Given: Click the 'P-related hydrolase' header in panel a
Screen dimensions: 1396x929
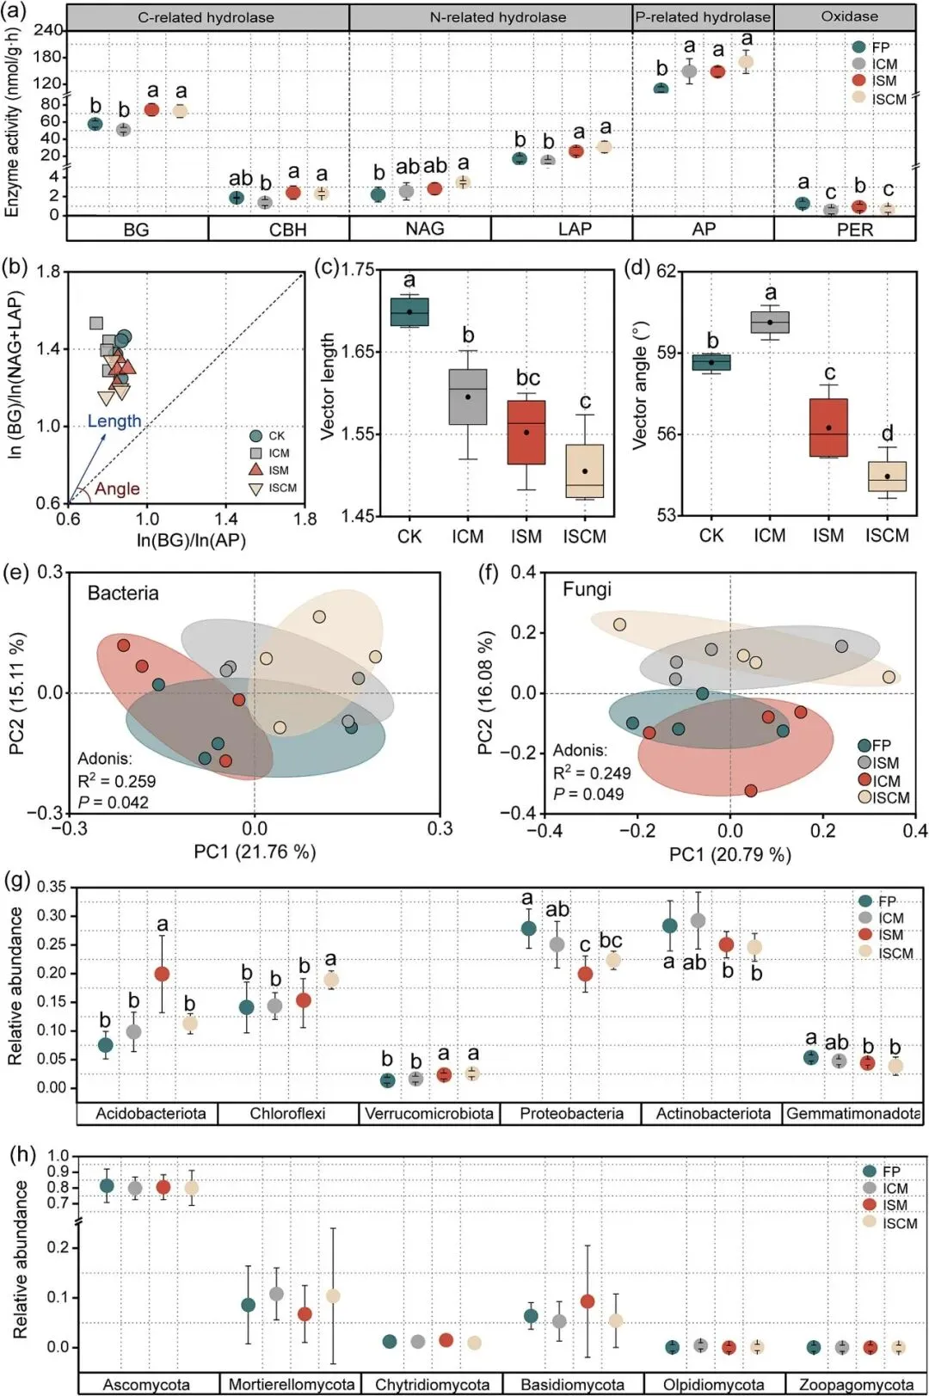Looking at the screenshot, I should tap(703, 17).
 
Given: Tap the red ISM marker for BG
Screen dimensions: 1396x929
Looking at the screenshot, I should tap(151, 109).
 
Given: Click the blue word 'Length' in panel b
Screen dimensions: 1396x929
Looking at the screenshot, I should tap(114, 421).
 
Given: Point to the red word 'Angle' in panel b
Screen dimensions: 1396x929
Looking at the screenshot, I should tap(117, 489).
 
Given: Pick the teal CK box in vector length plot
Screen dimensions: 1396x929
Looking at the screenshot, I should tap(409, 311).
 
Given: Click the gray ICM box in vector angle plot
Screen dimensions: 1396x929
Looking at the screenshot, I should tap(770, 322).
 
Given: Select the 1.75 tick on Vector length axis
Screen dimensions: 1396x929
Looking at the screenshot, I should tap(358, 269).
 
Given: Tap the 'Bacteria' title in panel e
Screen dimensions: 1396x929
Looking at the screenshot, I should tap(123, 593).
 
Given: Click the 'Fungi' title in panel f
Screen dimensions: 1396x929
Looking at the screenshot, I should tap(587, 589).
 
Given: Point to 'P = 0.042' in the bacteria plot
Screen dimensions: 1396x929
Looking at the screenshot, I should tap(113, 802).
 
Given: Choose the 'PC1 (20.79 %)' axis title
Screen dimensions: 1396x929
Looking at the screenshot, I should tap(730, 854).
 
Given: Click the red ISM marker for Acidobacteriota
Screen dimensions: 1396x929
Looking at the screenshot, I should tap(162, 974).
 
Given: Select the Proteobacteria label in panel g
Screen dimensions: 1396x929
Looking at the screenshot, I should tap(571, 1113).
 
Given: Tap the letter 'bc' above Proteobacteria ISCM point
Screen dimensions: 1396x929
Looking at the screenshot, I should tap(611, 940).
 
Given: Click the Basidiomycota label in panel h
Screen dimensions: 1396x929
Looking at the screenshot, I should tap(572, 1384).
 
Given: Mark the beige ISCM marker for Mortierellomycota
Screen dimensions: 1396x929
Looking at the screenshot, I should tap(333, 1295).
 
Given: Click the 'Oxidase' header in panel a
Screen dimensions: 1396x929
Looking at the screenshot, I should tap(849, 16).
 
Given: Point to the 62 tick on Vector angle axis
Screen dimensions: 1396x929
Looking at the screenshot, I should tap(666, 272).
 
